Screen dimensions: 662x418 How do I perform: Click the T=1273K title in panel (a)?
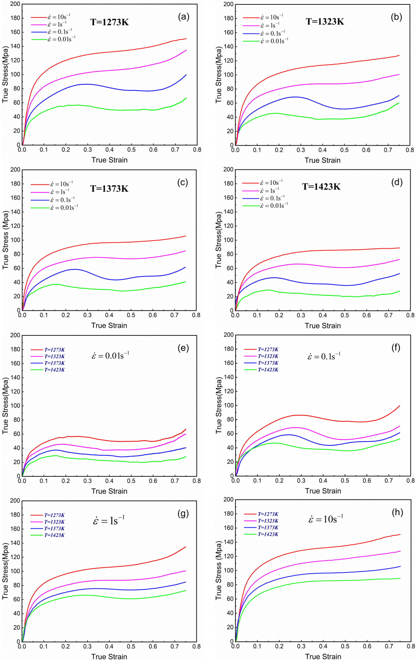coord(110,22)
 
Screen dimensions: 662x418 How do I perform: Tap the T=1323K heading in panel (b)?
coord(325,21)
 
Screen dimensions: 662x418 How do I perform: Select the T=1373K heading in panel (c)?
coord(109,189)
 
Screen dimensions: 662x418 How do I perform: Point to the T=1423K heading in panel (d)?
coord(321,187)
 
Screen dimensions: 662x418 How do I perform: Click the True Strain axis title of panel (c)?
coord(109,325)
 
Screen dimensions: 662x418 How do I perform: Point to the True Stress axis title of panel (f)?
coord(219,405)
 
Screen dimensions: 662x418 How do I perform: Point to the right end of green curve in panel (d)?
coord(400,291)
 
